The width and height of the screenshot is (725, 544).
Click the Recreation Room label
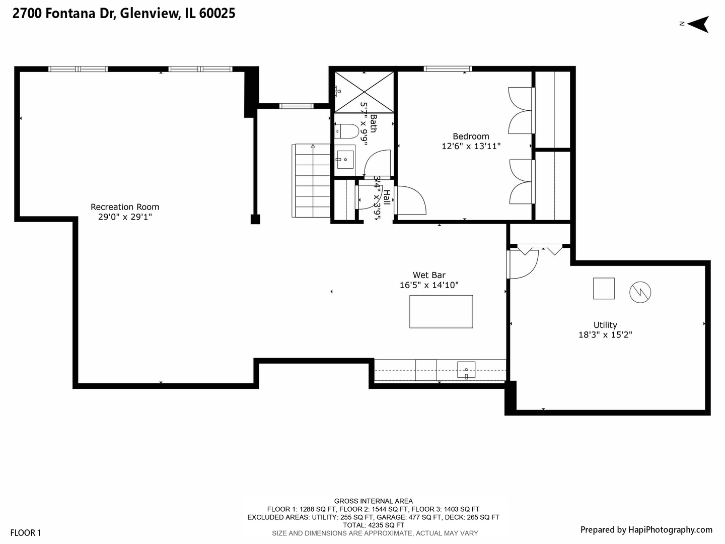tap(125, 207)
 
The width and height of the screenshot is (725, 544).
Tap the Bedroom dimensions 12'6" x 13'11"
tap(471, 147)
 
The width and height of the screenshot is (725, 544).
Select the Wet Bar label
tap(429, 275)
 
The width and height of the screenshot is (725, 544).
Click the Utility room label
tap(605, 325)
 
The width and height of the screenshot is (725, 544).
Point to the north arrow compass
tap(697, 24)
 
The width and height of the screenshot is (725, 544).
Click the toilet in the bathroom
tap(346, 131)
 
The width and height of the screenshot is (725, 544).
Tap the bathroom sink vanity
tap(345, 160)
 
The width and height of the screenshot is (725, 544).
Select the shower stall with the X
tap(364, 92)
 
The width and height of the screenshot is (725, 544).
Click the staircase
tap(311, 180)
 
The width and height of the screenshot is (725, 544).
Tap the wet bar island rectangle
tap(441, 312)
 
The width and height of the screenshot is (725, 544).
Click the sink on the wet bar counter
tap(466, 370)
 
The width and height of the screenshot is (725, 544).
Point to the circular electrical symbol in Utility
tap(640, 292)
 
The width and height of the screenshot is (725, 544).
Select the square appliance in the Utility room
tap(604, 289)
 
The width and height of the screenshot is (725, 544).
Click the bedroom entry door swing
tap(410, 200)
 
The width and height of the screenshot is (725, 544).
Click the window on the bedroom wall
tap(447, 69)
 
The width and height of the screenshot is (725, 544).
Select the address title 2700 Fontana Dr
tap(124, 14)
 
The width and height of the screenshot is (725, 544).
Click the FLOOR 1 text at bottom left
tap(25, 533)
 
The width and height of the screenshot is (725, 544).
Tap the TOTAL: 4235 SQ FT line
tap(374, 525)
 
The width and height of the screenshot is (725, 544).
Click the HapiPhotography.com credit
tap(646, 529)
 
